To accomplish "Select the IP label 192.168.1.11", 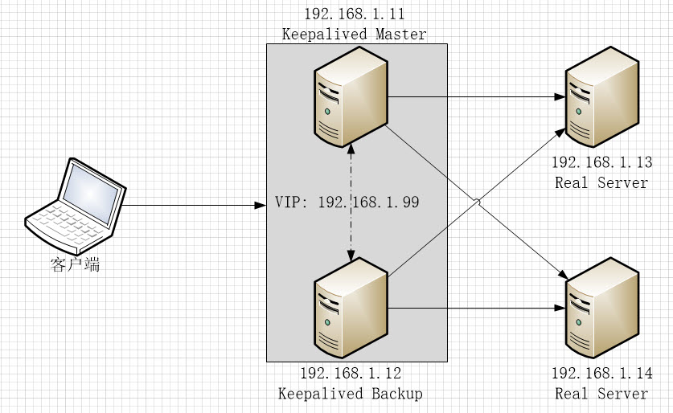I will coord(354,14).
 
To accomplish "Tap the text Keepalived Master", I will coord(354,34).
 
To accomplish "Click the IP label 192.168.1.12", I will coord(351,374).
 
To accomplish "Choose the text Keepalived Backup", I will coord(351,394).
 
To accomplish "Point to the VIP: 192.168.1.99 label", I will coord(347,202).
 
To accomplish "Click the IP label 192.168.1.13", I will coord(601,163).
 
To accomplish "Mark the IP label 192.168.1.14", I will coord(601,374).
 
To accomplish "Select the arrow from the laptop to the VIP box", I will coord(193,206).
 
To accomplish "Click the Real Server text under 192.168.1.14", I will coord(601,394).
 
